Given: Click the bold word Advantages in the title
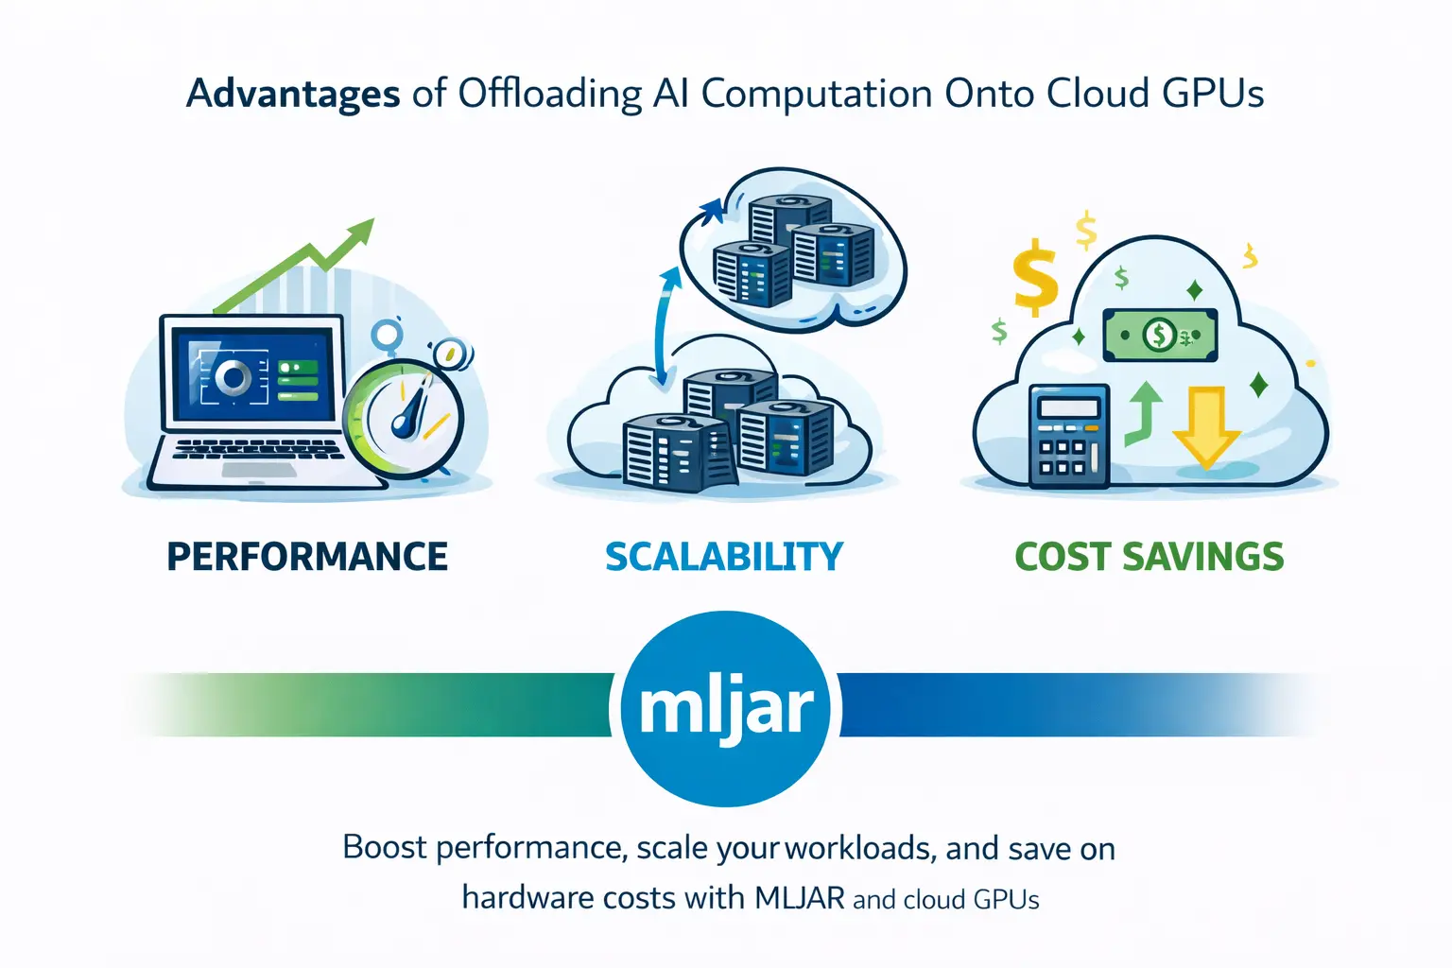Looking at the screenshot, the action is pyautogui.click(x=293, y=95).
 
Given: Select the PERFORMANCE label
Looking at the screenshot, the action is pyautogui.click(x=307, y=556).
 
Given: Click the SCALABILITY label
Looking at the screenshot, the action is pyautogui.click(x=724, y=556).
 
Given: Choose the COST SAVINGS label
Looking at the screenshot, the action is pyautogui.click(x=1149, y=556).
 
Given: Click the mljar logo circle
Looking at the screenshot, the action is pyautogui.click(x=725, y=709).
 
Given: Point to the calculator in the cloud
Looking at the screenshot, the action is pyautogui.click(x=1069, y=436).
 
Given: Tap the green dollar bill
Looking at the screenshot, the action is pyautogui.click(x=1160, y=335).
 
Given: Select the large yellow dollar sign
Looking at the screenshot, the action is pyautogui.click(x=1036, y=277).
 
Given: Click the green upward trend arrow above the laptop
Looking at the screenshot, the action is pyautogui.click(x=295, y=265).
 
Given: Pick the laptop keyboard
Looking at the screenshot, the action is pyautogui.click(x=258, y=449).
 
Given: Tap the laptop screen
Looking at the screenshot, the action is pyautogui.click(x=252, y=373).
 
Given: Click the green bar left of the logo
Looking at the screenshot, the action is pyautogui.click(x=370, y=705).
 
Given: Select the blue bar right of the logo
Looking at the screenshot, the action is pyautogui.click(x=1080, y=705).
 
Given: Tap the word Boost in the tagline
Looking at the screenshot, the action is pyautogui.click(x=385, y=847).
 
